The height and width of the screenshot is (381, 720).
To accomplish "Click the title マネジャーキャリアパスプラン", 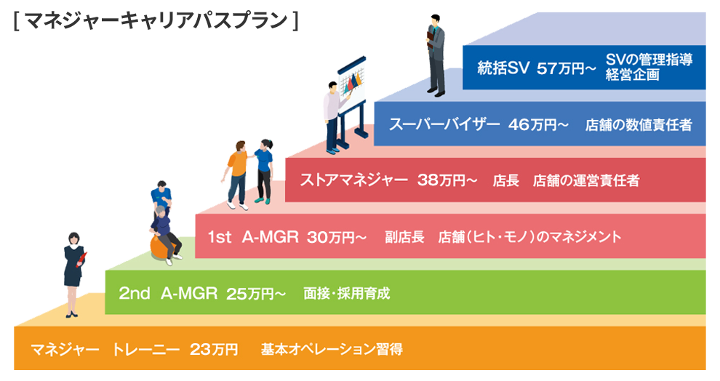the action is coord(156,21).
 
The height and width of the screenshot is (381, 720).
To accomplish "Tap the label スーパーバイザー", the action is coord(444,124).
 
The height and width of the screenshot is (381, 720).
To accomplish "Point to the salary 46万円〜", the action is coord(539,124).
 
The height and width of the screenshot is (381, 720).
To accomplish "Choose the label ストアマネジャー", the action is coord(353,180).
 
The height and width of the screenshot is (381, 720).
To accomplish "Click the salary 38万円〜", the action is coord(447,180).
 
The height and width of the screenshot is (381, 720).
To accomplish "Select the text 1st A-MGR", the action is coord(253,237).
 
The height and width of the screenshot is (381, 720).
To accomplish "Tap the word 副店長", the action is coord(404,237).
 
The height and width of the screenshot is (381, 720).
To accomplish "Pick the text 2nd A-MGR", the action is coord(168,293).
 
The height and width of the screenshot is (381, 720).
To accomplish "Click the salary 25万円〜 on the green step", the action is coord(256,294).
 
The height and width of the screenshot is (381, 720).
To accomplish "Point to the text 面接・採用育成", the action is coord(347,293).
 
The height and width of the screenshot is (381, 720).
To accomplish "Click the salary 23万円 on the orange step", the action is coord(214,350).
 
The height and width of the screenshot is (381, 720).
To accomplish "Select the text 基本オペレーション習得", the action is coord(332,350).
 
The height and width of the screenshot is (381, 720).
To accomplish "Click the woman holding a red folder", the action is coord(73,275).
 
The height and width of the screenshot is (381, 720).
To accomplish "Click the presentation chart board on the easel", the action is coord(351,84).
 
